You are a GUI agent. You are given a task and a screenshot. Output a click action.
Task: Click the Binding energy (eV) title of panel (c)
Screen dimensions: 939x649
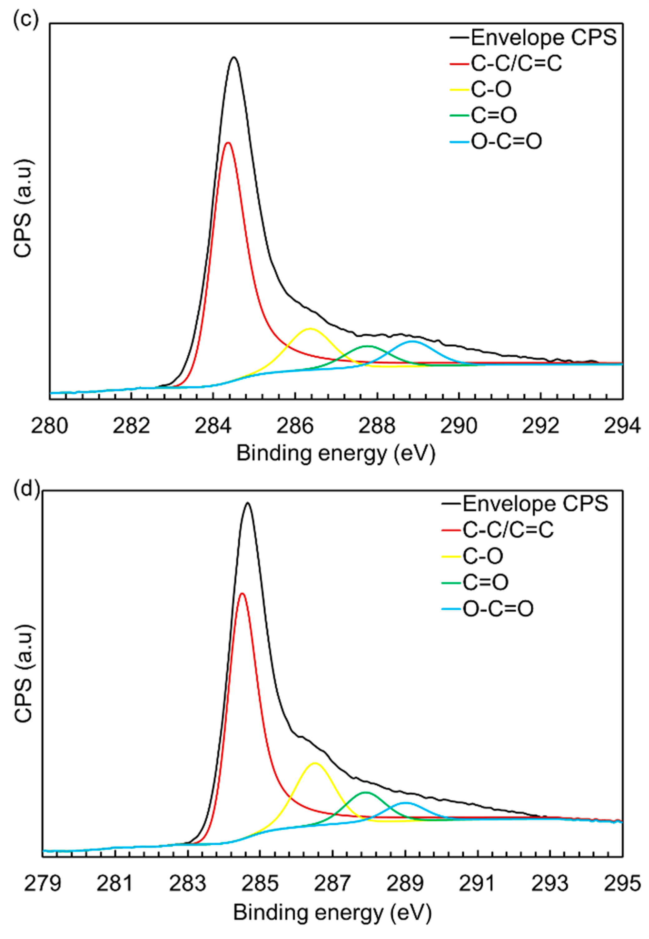pyautogui.click(x=336, y=453)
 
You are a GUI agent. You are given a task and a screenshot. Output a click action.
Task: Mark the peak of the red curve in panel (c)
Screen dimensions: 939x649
pyautogui.click(x=228, y=142)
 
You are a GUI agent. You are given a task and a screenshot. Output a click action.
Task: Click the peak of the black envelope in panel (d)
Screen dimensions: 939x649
pyautogui.click(x=247, y=503)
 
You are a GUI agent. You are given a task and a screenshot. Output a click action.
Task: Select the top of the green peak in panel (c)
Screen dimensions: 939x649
pyautogui.click(x=368, y=346)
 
